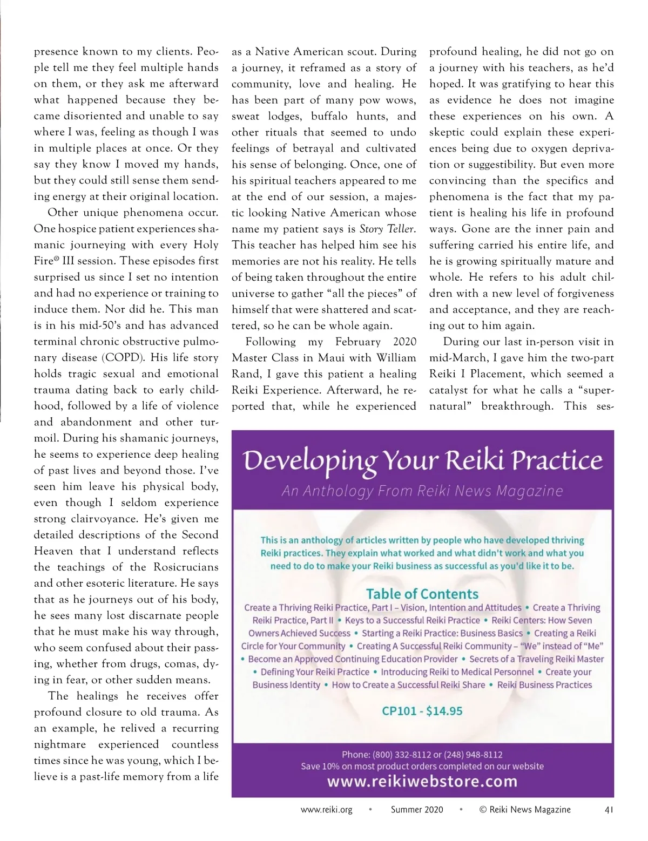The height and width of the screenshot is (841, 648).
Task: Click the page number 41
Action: pyautogui.click(x=609, y=810)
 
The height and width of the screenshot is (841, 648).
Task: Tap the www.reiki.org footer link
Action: pyautogui.click(x=326, y=810)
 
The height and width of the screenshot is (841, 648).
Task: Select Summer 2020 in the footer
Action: pyautogui.click(x=417, y=810)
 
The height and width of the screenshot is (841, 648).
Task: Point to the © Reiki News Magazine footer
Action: pyautogui.click(x=525, y=810)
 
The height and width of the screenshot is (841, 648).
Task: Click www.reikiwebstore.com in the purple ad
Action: pyautogui.click(x=422, y=781)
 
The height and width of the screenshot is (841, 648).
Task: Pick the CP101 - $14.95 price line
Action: pyautogui.click(x=422, y=711)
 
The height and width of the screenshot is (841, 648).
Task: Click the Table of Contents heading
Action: pyautogui.click(x=422, y=594)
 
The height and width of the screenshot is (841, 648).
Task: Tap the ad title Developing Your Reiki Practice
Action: pyautogui.click(x=422, y=460)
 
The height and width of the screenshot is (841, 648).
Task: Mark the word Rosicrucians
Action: pyautogui.click(x=186, y=567)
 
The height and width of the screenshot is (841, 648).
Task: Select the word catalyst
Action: pyautogui.click(x=451, y=390)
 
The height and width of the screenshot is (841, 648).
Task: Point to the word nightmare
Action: pyautogui.click(x=60, y=745)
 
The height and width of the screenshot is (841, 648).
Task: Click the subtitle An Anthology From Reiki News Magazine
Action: pyautogui.click(x=422, y=491)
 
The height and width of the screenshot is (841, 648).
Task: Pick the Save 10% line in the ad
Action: pyautogui.click(x=422, y=767)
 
